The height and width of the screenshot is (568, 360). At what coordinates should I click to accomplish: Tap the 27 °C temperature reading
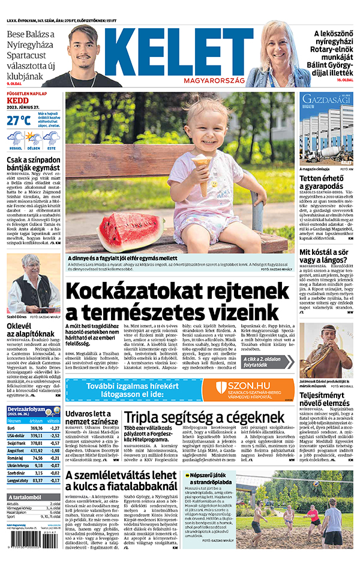(x=19, y=121)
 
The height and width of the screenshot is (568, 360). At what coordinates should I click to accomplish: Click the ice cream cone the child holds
(x=202, y=161)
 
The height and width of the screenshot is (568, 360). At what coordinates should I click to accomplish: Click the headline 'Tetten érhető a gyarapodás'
(x=327, y=182)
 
